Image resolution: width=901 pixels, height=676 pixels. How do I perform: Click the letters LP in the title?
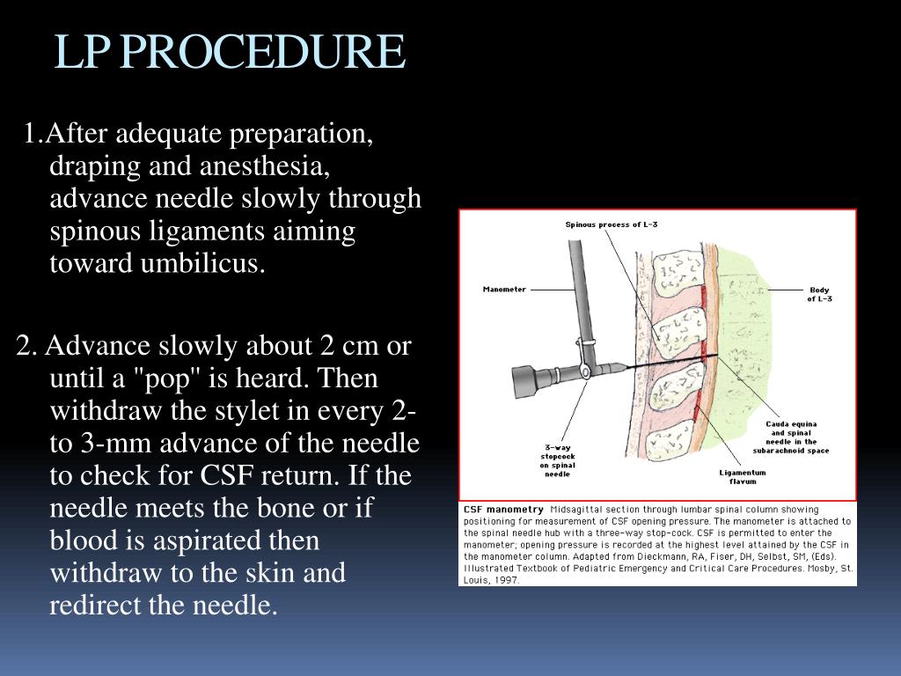81,53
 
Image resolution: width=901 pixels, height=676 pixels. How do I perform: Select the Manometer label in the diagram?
504,289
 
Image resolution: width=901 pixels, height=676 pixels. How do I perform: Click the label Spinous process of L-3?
611,224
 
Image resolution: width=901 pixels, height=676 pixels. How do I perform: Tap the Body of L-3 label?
818,294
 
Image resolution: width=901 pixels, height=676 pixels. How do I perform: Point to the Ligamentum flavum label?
743,476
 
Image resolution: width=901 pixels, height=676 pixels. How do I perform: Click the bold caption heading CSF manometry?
503,510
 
